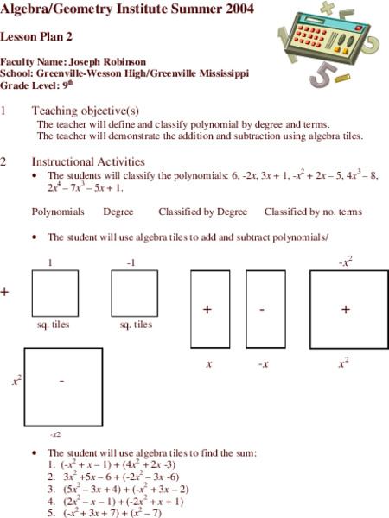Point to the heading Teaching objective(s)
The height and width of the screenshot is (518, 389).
point(85,111)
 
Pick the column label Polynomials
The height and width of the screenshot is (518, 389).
point(58,212)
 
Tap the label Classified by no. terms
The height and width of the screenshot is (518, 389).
point(312,212)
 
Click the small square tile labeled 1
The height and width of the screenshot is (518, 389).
point(54,294)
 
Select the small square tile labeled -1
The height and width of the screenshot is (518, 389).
point(134,294)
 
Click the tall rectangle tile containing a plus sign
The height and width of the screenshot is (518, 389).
point(209,309)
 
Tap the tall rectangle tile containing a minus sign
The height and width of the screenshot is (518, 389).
point(265,309)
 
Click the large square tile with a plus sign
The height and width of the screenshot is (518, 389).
point(344,309)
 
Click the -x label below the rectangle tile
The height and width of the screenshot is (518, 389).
point(265,365)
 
